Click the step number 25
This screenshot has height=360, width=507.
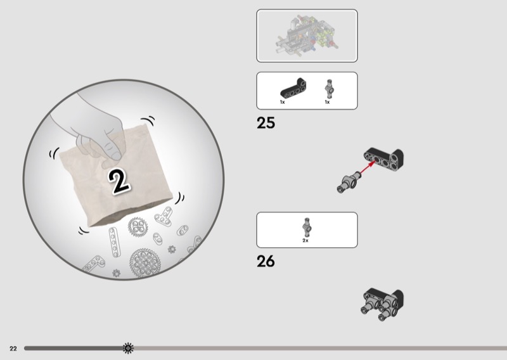point(266,123)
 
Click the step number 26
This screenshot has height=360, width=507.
point(266,261)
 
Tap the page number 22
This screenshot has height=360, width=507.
point(13,349)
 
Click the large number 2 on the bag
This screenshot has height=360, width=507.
point(119,182)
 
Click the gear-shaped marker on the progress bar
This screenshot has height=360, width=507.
point(128,348)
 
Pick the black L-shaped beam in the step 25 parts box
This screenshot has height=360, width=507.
point(293,88)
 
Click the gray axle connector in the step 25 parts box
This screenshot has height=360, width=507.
point(329,89)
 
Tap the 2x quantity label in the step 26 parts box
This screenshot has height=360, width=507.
point(305,241)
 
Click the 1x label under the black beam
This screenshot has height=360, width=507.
point(282,102)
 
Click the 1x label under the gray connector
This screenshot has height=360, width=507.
point(327,102)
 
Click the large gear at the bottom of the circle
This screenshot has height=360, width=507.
point(144,263)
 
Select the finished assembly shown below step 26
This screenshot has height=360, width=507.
point(382,304)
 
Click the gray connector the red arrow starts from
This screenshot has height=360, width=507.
point(349,182)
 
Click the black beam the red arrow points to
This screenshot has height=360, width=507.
point(384,159)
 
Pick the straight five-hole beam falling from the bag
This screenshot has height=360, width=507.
point(115,242)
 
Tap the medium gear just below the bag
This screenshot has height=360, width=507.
point(138,226)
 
